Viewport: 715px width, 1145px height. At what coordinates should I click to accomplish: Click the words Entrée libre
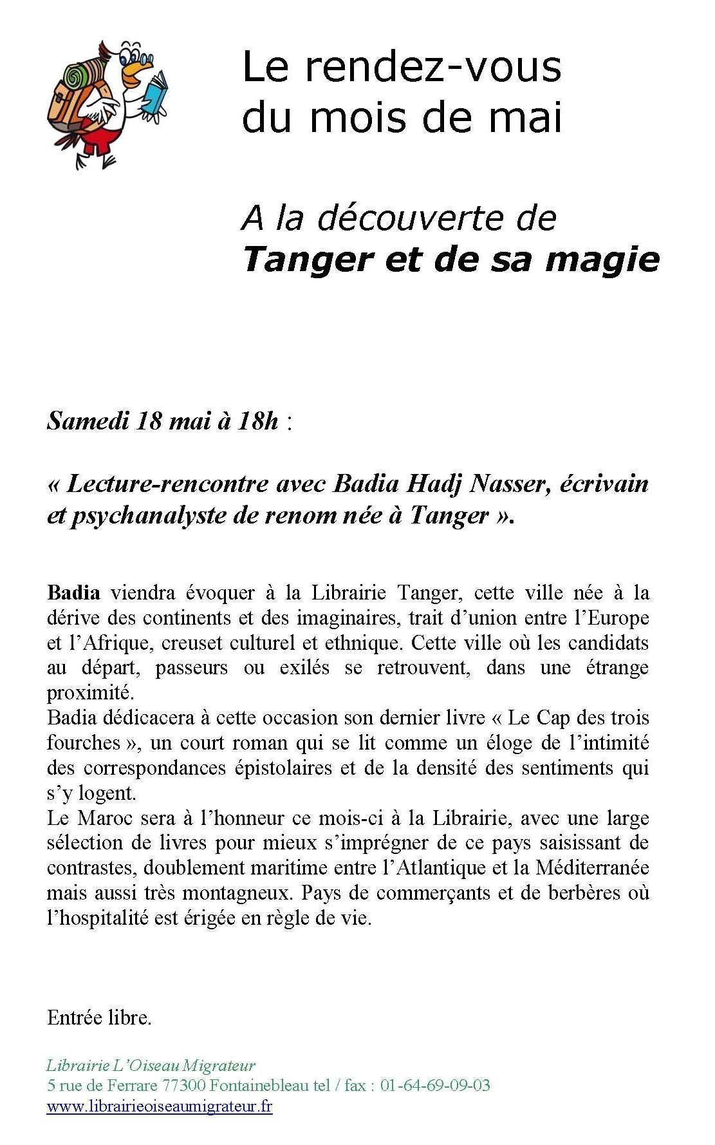coord(99,1017)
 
